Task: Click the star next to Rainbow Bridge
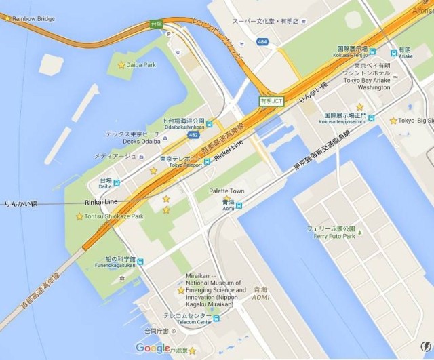7,18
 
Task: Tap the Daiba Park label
142,65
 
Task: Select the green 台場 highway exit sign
157,25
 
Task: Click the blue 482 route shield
195,135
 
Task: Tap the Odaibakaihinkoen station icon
210,123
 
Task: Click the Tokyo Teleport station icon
207,162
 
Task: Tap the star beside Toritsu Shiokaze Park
79,216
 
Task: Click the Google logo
153,348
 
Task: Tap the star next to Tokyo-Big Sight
393,121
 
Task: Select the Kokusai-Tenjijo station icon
393,52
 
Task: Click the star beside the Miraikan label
180,290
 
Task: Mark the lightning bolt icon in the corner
425,346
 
